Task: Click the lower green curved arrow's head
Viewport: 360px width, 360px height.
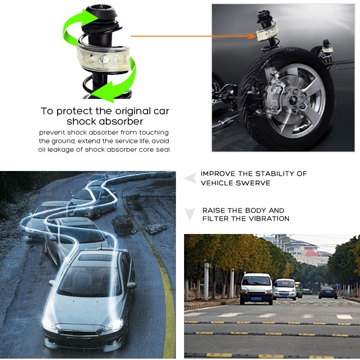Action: point(104,93)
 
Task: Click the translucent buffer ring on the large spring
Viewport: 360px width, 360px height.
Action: point(103,58)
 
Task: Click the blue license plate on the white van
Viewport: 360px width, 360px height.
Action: point(256,299)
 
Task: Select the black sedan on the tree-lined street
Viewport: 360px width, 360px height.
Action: point(328,292)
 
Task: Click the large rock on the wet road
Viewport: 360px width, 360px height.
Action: point(124,224)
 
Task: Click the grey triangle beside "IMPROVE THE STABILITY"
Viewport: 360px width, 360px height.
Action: point(190,178)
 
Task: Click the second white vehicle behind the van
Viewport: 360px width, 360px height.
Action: point(285,289)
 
